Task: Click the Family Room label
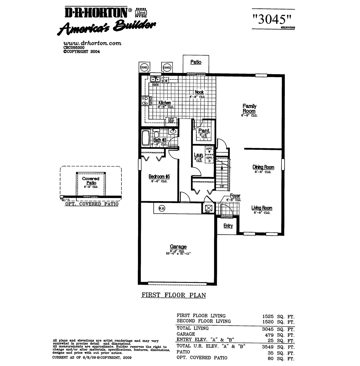(249, 109)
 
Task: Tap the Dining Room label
(263, 167)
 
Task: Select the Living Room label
(262, 208)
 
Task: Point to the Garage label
(178, 247)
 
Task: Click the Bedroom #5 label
(159, 177)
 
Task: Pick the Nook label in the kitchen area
(199, 92)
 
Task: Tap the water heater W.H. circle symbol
(162, 208)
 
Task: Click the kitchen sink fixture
(155, 79)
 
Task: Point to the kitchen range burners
(145, 101)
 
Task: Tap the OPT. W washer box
(209, 150)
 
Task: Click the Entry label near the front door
(228, 226)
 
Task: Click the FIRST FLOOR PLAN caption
(174, 295)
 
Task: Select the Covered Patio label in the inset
(90, 181)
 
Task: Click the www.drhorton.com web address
(92, 43)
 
